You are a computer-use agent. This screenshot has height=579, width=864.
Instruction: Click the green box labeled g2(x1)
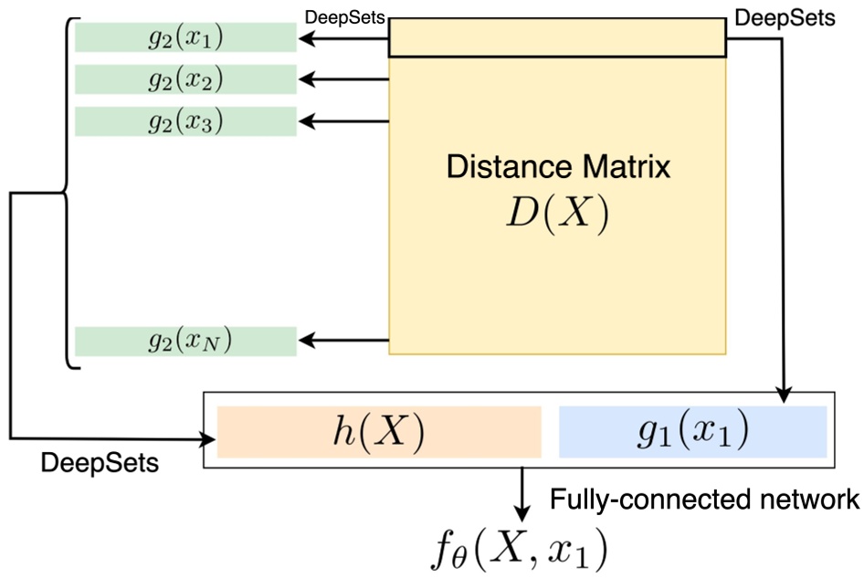click(185, 38)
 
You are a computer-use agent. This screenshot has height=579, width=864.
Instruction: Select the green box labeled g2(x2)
click(185, 79)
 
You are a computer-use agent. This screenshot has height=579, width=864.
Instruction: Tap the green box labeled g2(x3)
click(185, 121)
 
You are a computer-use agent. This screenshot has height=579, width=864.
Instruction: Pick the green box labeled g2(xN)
click(185, 341)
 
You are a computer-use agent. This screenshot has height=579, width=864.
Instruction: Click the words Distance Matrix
click(557, 167)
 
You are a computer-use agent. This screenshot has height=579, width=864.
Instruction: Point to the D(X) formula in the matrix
click(557, 212)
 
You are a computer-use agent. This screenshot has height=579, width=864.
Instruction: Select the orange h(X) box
click(379, 431)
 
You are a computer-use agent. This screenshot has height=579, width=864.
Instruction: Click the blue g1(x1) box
click(691, 431)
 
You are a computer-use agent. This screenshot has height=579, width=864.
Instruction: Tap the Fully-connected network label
click(703, 499)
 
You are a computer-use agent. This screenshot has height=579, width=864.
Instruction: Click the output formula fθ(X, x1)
click(522, 546)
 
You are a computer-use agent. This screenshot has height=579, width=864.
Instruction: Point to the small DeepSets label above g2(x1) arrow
click(344, 17)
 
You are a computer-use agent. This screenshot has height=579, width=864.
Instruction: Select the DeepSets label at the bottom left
click(100, 463)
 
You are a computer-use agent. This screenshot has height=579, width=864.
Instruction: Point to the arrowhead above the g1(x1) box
click(783, 394)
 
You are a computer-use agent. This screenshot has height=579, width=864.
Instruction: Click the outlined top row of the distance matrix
click(557, 38)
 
